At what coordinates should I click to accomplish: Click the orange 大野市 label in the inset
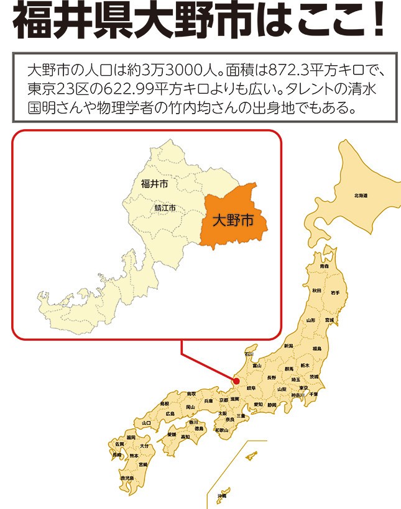233,220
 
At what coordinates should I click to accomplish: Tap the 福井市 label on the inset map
154,184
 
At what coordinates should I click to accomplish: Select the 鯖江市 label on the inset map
165,208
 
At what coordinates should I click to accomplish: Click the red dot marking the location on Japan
236,381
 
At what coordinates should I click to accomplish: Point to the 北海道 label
361,196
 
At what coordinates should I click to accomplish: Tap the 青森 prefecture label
324,266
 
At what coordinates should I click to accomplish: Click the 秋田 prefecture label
317,290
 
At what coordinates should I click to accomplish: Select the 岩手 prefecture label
335,292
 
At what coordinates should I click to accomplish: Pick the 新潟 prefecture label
288,346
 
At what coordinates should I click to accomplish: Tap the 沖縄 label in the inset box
222,496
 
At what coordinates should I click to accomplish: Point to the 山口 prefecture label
147,423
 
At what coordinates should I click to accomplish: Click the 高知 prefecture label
185,436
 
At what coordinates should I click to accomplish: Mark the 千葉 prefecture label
313,394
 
